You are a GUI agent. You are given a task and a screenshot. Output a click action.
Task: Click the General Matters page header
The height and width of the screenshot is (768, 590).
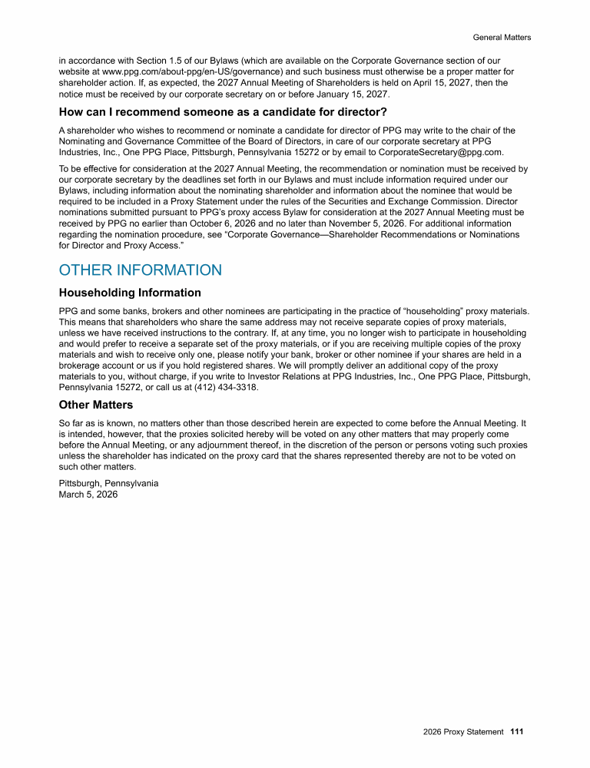(502, 37)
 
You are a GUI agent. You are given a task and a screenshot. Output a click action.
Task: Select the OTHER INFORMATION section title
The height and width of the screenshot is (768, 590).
(140, 270)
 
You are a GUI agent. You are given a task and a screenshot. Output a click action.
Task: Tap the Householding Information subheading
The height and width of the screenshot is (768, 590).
(130, 293)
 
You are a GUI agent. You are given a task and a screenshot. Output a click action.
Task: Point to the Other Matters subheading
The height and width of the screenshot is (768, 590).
(96, 405)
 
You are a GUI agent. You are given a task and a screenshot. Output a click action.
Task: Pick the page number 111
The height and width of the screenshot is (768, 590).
(516, 732)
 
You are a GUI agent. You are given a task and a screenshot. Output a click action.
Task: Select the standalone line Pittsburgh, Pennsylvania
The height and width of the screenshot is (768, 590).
(108, 483)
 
